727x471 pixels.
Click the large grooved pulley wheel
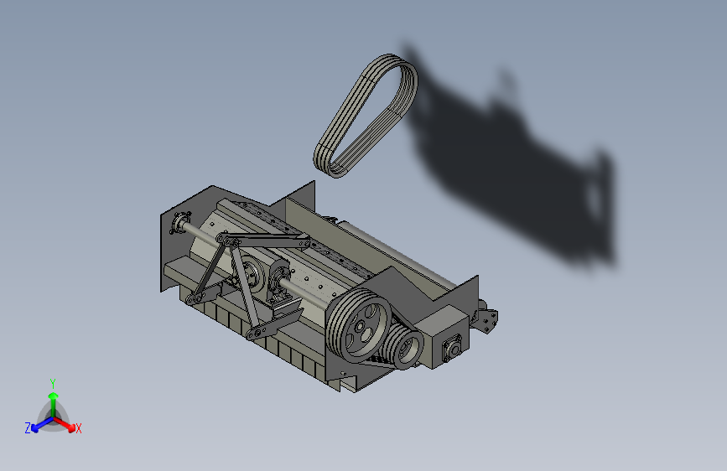(358, 325)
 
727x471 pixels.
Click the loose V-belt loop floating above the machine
(366, 116)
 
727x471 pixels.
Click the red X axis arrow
(64, 424)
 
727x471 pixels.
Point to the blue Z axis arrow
(42, 424)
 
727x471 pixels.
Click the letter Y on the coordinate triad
(52, 384)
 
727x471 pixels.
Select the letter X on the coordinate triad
(78, 428)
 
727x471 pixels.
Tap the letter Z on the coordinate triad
(28, 428)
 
